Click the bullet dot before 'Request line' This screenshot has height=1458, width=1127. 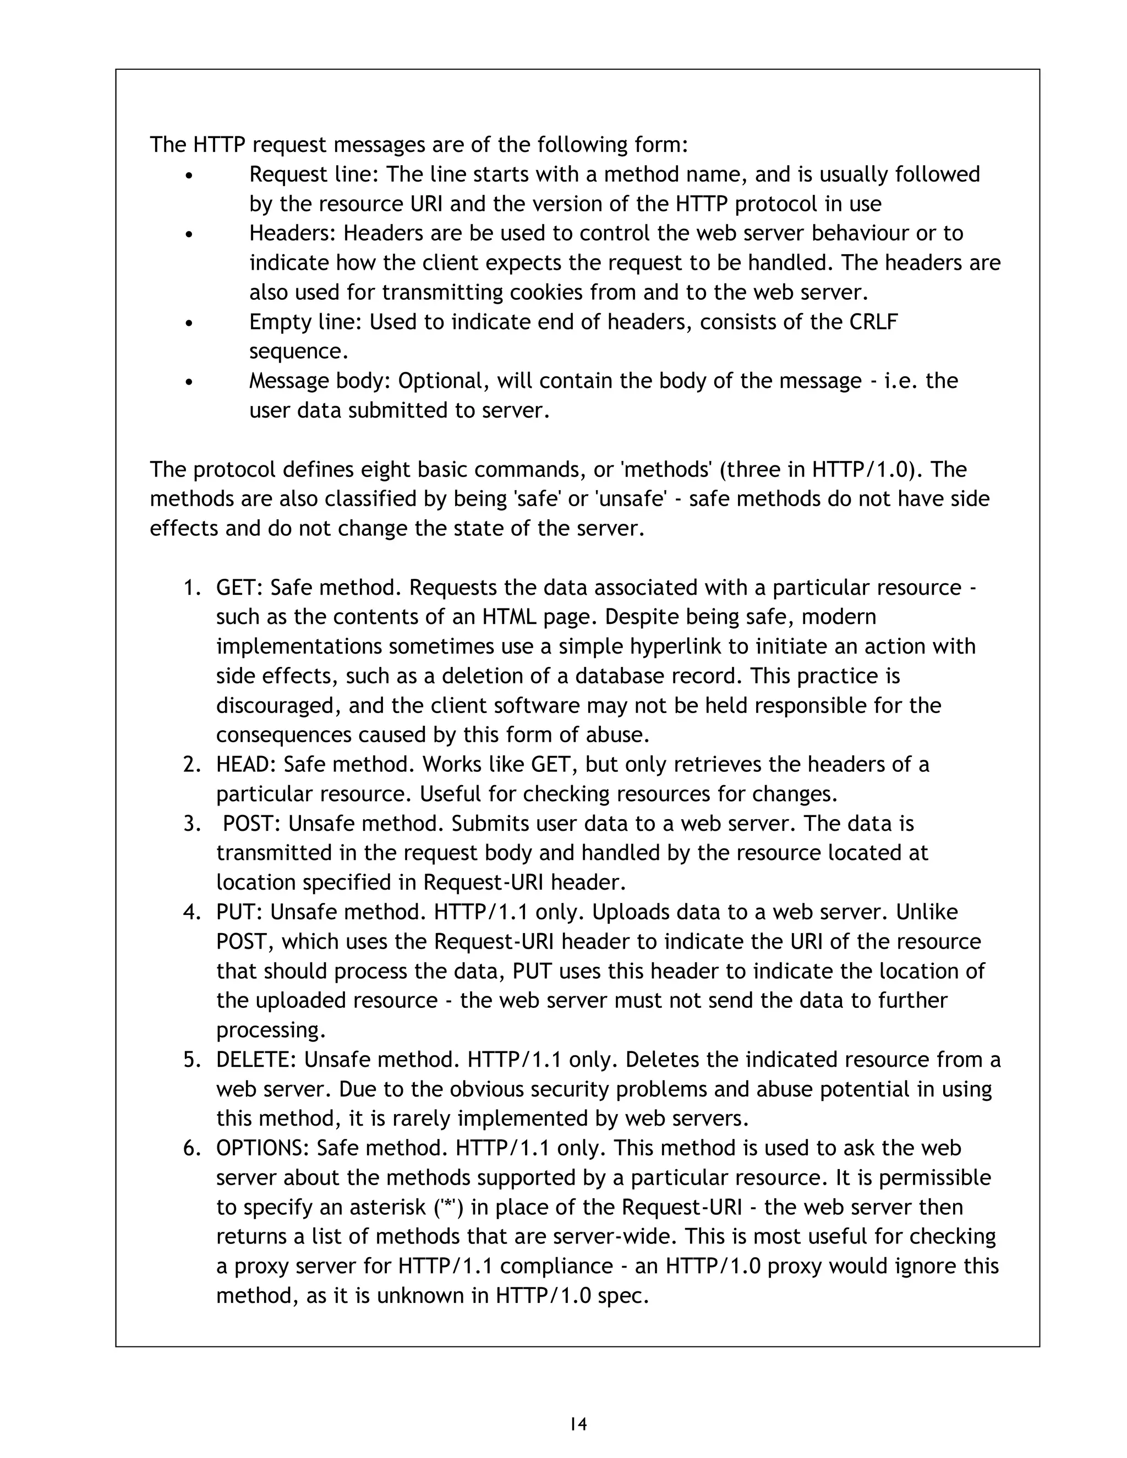[x=190, y=177]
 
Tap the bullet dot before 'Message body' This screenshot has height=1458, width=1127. [x=190, y=383]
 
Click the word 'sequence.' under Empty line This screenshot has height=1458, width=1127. [x=299, y=351]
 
